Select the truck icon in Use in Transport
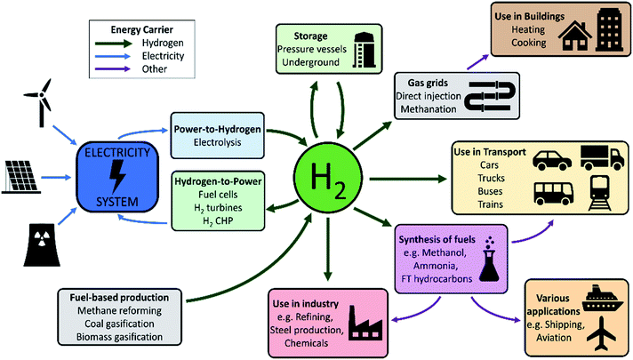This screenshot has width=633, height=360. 602,158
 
